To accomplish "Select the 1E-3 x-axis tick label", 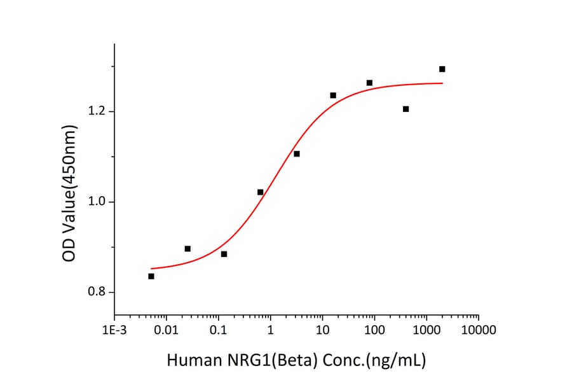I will point(114,330).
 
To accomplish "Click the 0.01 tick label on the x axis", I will point(167,330).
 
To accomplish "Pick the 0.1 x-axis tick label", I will point(219,330).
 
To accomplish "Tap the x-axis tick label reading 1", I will point(270,330).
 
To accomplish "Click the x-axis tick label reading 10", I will point(322,330).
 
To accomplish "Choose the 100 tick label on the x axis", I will point(374,330).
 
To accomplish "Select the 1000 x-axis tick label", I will point(426,330).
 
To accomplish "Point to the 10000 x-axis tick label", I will point(479,330).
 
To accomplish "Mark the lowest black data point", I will point(151,276).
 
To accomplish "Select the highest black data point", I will point(442,69).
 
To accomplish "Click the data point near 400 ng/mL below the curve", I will point(406,109).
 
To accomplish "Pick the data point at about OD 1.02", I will point(261,192).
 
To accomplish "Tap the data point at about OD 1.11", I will point(297,154).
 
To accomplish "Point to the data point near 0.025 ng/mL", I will point(187,249).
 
